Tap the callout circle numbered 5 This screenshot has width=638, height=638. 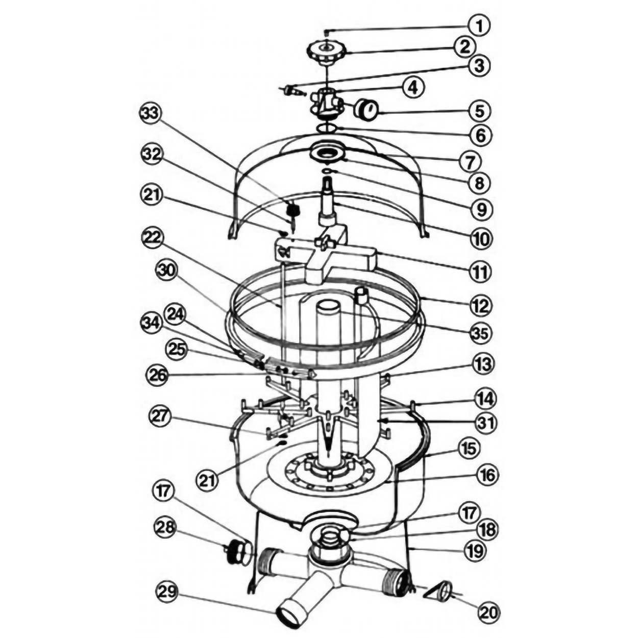click(x=480, y=112)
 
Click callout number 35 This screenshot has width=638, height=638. click(x=480, y=334)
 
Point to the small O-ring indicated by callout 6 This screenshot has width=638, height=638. click(x=326, y=128)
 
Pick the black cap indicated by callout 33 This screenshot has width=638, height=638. click(x=293, y=209)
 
